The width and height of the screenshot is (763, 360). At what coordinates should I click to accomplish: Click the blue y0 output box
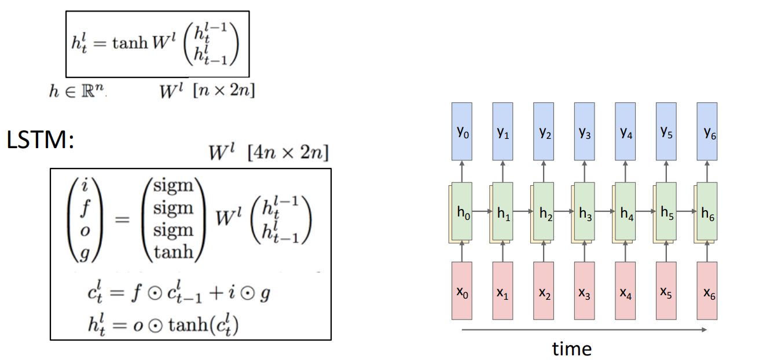tap(461, 131)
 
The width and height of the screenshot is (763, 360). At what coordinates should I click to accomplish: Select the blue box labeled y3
tap(584, 131)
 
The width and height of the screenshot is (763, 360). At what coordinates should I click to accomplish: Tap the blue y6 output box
tap(707, 131)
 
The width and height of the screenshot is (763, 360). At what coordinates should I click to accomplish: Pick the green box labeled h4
tap(626, 212)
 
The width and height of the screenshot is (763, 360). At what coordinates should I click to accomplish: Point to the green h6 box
tap(707, 212)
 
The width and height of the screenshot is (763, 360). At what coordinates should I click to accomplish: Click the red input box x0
tap(461, 291)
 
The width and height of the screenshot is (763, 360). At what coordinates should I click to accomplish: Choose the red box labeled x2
tap(544, 291)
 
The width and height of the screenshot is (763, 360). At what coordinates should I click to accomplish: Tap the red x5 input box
tap(666, 291)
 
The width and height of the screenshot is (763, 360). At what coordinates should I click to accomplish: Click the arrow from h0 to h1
tap(482, 212)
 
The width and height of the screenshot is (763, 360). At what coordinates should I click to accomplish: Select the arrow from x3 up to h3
tap(584, 252)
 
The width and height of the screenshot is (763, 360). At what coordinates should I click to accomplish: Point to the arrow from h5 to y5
tap(666, 172)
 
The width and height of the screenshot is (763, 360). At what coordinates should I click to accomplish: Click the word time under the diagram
tap(571, 348)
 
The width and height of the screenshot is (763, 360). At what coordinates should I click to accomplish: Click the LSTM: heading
tap(41, 141)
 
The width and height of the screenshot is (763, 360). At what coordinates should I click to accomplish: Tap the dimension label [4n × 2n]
tap(287, 153)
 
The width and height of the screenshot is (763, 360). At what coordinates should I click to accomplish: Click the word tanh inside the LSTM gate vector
tap(173, 252)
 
